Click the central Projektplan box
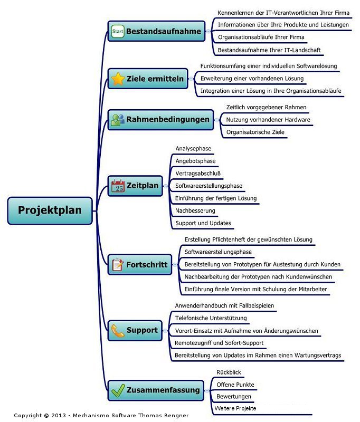[50, 210]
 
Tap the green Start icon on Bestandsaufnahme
[118, 31]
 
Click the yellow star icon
[118, 79]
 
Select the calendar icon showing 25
[118, 186]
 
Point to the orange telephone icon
[118, 331]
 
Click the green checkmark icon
[118, 390]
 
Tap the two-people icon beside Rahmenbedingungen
[118, 120]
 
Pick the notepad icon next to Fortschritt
[118, 265]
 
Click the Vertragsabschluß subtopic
[198, 174]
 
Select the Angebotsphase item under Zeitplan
[195, 161]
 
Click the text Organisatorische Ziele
[255, 132]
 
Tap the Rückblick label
[229, 372]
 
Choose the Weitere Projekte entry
[235, 408]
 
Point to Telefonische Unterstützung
[211, 318]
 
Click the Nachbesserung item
[195, 210]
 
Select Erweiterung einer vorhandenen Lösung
[252, 78]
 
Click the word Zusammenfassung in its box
[163, 390]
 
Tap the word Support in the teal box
[142, 330]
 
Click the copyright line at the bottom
[101, 415]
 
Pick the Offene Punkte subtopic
[235, 385]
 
